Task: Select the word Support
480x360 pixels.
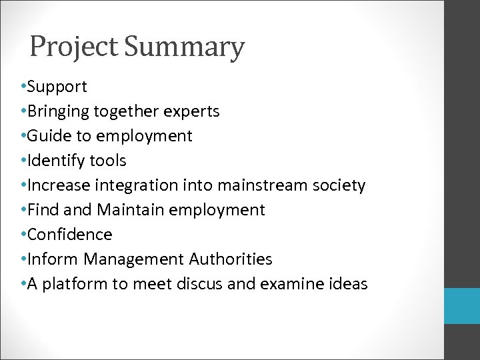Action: click(x=57, y=87)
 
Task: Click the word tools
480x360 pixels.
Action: click(x=107, y=161)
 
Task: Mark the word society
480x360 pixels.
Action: click(x=340, y=185)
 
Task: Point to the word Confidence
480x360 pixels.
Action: click(x=70, y=235)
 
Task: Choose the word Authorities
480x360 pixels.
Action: click(x=231, y=259)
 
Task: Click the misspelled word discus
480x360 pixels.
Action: click(x=197, y=284)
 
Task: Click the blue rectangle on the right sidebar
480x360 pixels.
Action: click(x=462, y=306)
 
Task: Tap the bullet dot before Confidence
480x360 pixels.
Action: click(x=23, y=235)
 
